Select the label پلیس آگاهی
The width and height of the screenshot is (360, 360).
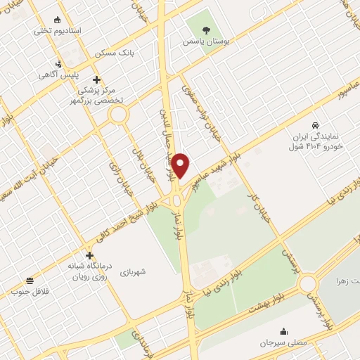click(x=58, y=75)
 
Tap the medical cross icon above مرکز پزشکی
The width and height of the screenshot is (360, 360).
click(x=96, y=79)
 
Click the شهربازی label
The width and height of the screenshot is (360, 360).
click(x=132, y=271)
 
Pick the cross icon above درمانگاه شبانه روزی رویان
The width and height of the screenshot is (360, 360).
click(x=89, y=255)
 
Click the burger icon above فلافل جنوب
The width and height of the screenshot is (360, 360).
click(x=29, y=280)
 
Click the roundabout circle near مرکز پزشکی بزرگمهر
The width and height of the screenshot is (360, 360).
click(x=118, y=114)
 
